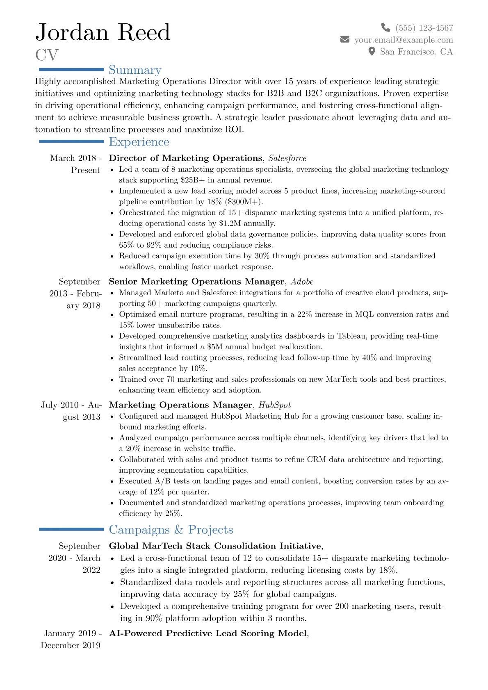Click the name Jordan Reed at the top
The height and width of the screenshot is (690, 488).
click(103, 32)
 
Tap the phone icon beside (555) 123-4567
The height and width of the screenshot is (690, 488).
click(385, 27)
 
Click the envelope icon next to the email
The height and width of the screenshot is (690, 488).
click(345, 39)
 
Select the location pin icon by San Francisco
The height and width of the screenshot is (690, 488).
click(372, 51)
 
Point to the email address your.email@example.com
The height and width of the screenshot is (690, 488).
click(404, 40)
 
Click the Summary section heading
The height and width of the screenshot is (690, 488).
click(135, 70)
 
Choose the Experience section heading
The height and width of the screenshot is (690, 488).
click(139, 142)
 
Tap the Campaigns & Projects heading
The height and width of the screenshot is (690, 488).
click(171, 530)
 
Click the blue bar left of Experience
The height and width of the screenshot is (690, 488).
click(71, 141)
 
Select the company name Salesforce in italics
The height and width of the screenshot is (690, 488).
click(287, 158)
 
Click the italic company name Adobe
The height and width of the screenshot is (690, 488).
click(302, 282)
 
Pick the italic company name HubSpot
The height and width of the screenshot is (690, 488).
click(274, 405)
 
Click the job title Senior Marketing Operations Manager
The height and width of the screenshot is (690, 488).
click(196, 282)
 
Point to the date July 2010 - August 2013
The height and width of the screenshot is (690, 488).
click(71, 411)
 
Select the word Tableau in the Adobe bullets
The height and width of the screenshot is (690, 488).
click(352, 336)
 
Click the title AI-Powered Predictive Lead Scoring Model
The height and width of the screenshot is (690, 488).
click(208, 633)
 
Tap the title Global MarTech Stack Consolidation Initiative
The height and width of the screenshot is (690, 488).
click(215, 546)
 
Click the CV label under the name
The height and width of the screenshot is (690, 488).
click(47, 55)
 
